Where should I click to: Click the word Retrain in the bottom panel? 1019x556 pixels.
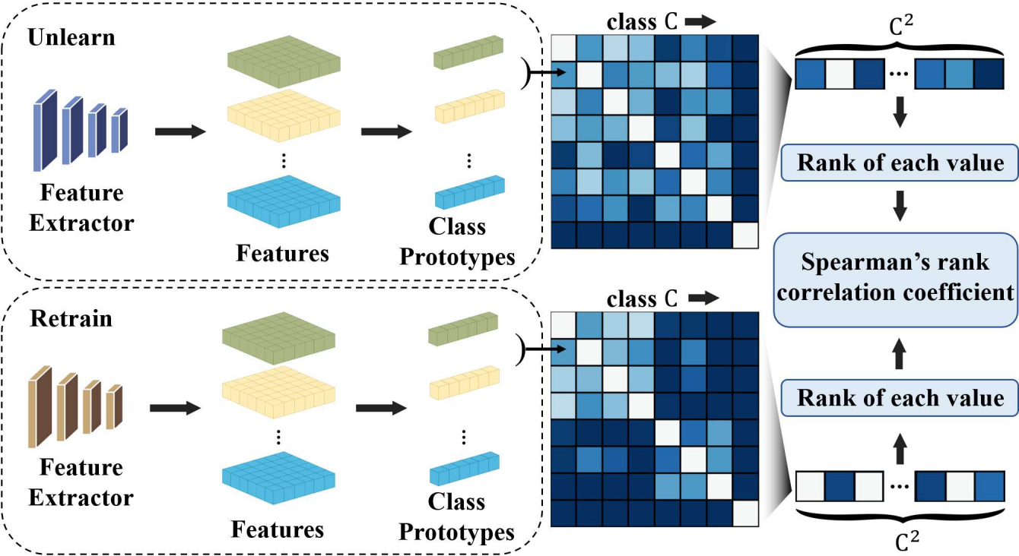tap(71, 317)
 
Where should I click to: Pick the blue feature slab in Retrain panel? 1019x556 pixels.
tap(277, 476)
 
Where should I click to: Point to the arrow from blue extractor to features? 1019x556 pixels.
tap(180, 132)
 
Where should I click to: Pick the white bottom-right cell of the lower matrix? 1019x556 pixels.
tap(745, 513)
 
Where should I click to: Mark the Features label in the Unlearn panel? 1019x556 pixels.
tap(282, 252)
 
